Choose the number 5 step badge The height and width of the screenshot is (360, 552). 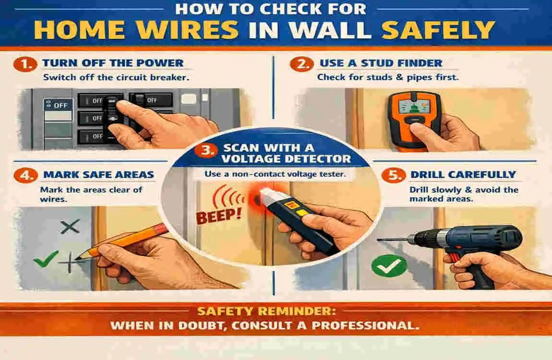click(390, 175)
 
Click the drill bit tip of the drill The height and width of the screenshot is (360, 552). click(379, 239)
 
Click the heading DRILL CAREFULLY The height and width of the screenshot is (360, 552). click(463, 175)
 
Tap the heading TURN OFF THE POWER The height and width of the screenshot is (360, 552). click(113, 63)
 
